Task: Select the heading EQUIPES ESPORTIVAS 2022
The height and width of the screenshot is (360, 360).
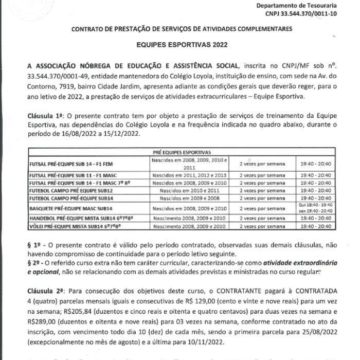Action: click(x=179, y=45)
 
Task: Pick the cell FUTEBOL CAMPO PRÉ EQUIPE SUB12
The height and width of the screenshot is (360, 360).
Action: click(x=68, y=190)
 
